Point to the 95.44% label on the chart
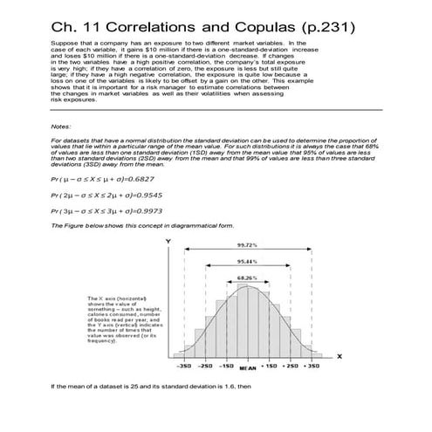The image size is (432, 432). [246, 262]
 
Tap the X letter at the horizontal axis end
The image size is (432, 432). [339, 356]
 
